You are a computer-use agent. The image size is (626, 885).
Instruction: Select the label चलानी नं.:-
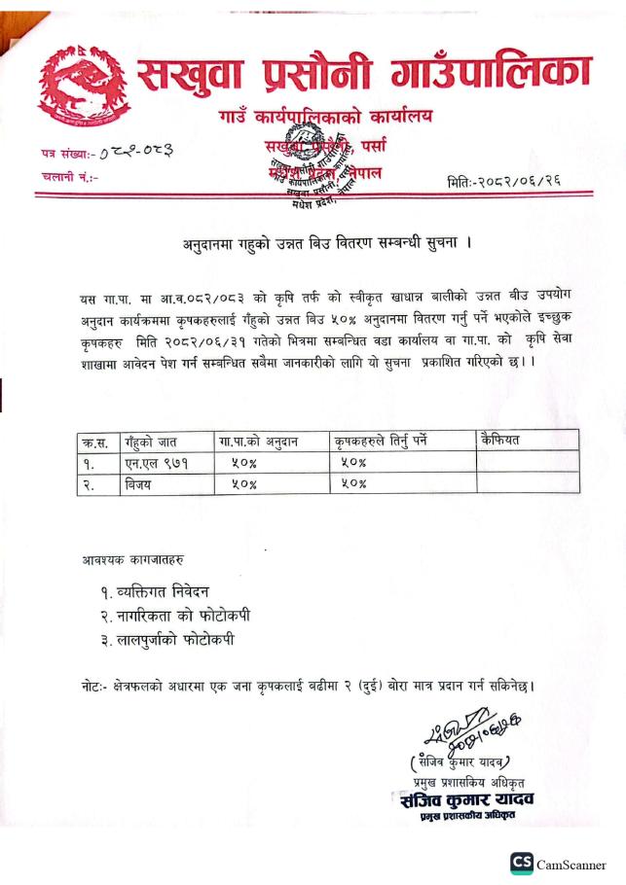[69, 177]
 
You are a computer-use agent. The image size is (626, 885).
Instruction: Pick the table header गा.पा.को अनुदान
[258, 441]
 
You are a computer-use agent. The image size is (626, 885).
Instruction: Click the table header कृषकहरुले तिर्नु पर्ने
[380, 441]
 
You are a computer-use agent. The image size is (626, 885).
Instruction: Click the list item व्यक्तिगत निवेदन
[154, 591]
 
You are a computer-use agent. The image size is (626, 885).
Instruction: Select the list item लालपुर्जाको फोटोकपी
[166, 640]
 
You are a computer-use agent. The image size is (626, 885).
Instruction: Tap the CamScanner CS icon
[522, 864]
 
